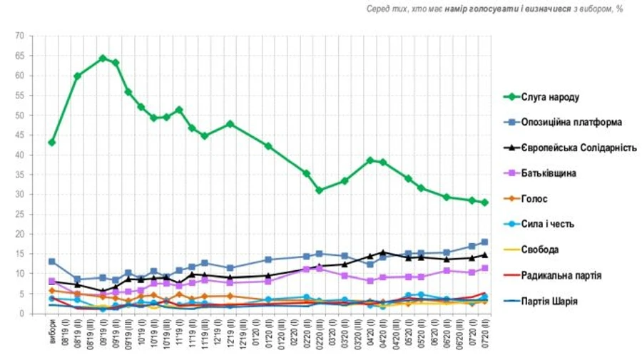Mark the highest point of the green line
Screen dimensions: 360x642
tap(103, 58)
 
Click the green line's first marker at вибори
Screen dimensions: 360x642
tap(51, 143)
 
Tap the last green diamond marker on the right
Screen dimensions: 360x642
tap(484, 202)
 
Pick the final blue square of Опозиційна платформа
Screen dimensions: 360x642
tap(484, 242)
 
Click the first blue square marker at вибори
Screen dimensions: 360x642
tap(51, 262)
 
